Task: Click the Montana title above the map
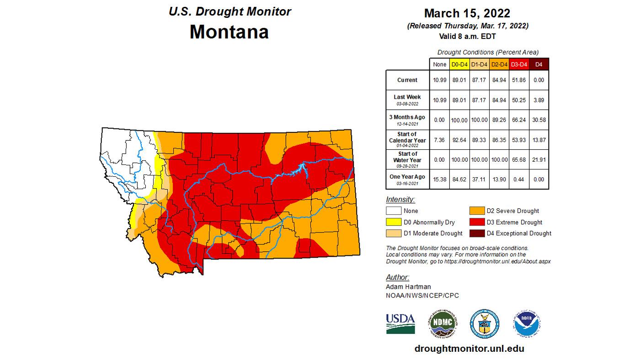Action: tap(229, 32)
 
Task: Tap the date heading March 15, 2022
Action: tap(468, 13)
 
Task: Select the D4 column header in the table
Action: tap(539, 64)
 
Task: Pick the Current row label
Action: tap(407, 80)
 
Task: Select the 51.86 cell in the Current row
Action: tap(519, 80)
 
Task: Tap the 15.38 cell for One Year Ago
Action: tap(439, 179)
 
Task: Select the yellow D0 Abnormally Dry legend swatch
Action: tap(394, 222)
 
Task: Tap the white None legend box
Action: tap(394, 211)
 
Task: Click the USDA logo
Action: tap(400, 323)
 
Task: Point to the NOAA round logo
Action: tap(527, 323)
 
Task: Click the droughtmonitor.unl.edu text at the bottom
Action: tap(469, 349)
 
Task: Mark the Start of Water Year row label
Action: tap(407, 157)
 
